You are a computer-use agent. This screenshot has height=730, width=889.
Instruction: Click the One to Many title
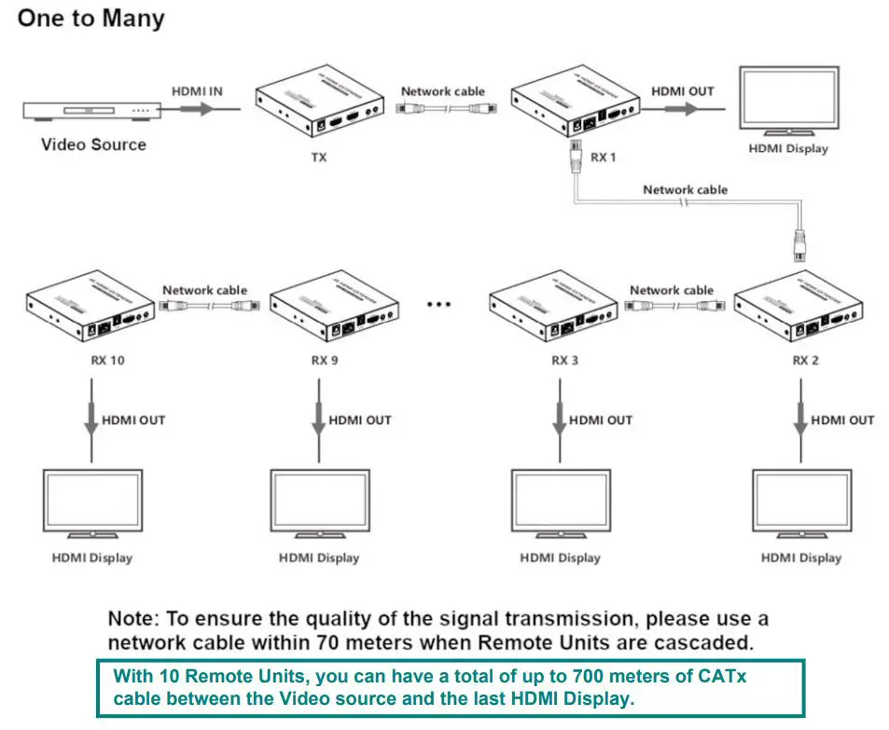[x=90, y=19]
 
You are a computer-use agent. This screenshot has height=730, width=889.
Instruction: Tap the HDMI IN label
[x=198, y=91]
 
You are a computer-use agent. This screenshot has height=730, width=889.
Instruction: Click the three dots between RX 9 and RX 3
[x=438, y=304]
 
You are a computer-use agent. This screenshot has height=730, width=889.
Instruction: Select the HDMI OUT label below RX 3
[x=600, y=420]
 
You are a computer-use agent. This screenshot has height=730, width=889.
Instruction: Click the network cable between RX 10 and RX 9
[x=204, y=306]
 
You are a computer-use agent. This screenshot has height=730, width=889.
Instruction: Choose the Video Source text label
[x=93, y=145]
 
